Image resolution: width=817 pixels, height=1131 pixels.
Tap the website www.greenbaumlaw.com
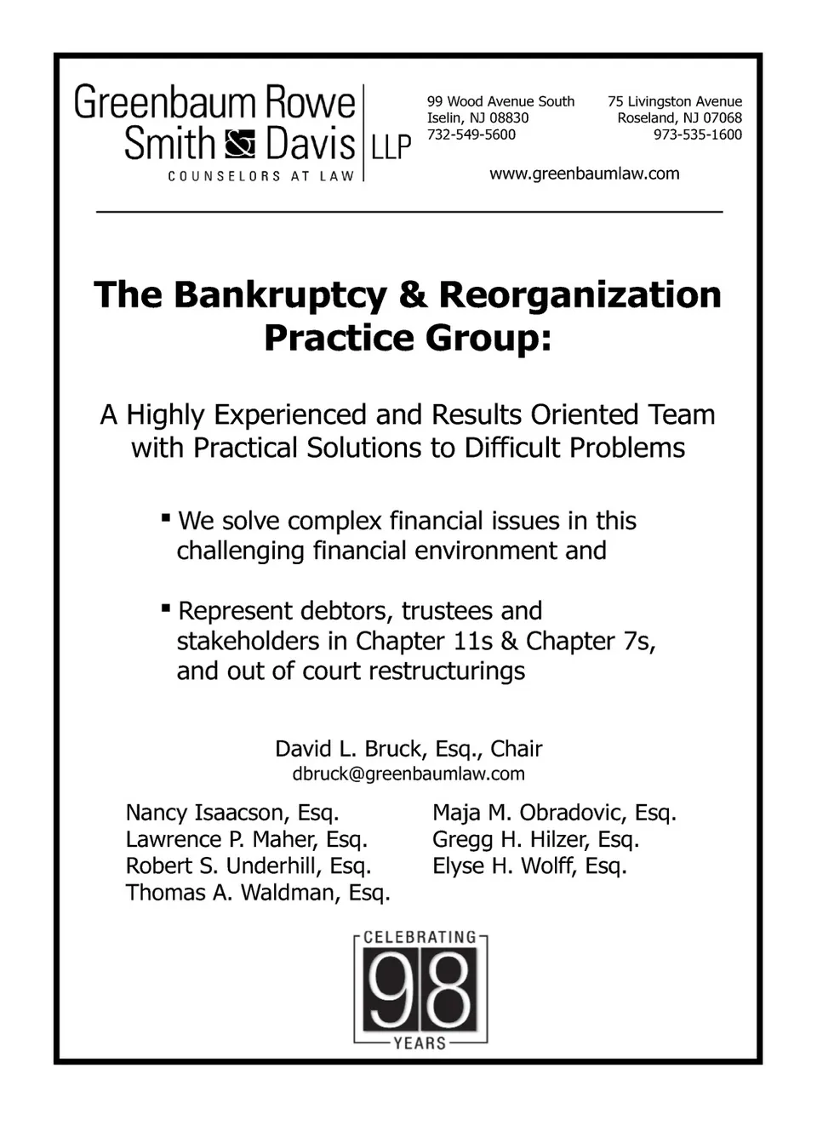tap(584, 174)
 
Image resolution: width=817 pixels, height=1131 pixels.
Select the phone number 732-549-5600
tap(471, 134)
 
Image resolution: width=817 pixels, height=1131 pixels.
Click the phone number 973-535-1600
tap(697, 134)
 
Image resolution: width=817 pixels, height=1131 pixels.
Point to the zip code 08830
tap(508, 118)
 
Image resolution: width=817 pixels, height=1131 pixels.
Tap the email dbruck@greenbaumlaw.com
tap(408, 774)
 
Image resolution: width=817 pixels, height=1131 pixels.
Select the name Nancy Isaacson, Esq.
tap(232, 813)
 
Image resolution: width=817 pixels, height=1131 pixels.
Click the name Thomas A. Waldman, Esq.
tap(258, 893)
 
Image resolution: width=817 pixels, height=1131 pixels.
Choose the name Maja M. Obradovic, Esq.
tap(554, 813)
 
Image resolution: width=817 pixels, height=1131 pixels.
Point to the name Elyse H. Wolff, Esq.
tap(529, 866)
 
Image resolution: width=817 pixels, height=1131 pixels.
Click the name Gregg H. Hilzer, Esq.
tap(535, 840)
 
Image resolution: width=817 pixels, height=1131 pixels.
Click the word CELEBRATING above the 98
tap(420, 937)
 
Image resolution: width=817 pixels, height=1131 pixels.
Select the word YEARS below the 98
tap(420, 1042)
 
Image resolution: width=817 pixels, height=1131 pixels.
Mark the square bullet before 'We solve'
tap(166, 517)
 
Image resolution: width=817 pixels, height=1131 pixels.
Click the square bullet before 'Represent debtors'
tap(166, 608)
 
